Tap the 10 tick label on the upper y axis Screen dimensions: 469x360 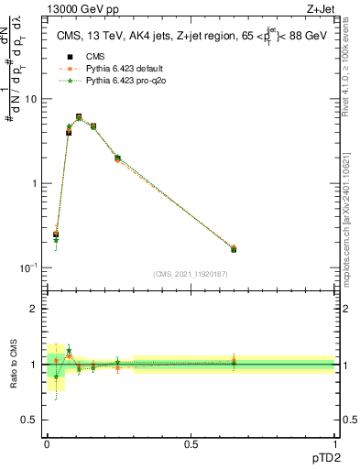point(32,99)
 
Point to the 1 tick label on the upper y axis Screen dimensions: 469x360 point(35,183)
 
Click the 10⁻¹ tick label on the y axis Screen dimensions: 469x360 point(30,267)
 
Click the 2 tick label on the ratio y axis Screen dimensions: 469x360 point(35,309)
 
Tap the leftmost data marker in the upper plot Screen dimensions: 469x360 point(56,234)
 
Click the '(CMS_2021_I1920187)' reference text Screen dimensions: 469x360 point(191,274)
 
